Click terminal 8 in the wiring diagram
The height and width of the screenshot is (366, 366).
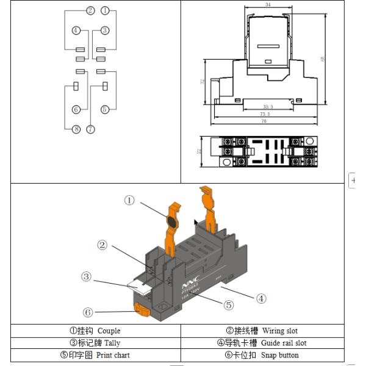76,129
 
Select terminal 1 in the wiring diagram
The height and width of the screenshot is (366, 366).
105,11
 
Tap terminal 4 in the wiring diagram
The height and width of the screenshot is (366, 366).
76,30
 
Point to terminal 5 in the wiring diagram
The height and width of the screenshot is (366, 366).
105,109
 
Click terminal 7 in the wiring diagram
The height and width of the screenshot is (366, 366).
91,129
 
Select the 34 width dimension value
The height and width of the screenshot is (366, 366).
268,5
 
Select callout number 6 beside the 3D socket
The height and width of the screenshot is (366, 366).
88,312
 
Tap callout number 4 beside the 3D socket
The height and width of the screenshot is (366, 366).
260,298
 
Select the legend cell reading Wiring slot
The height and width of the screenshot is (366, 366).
262,331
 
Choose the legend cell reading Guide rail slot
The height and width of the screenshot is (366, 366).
262,343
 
